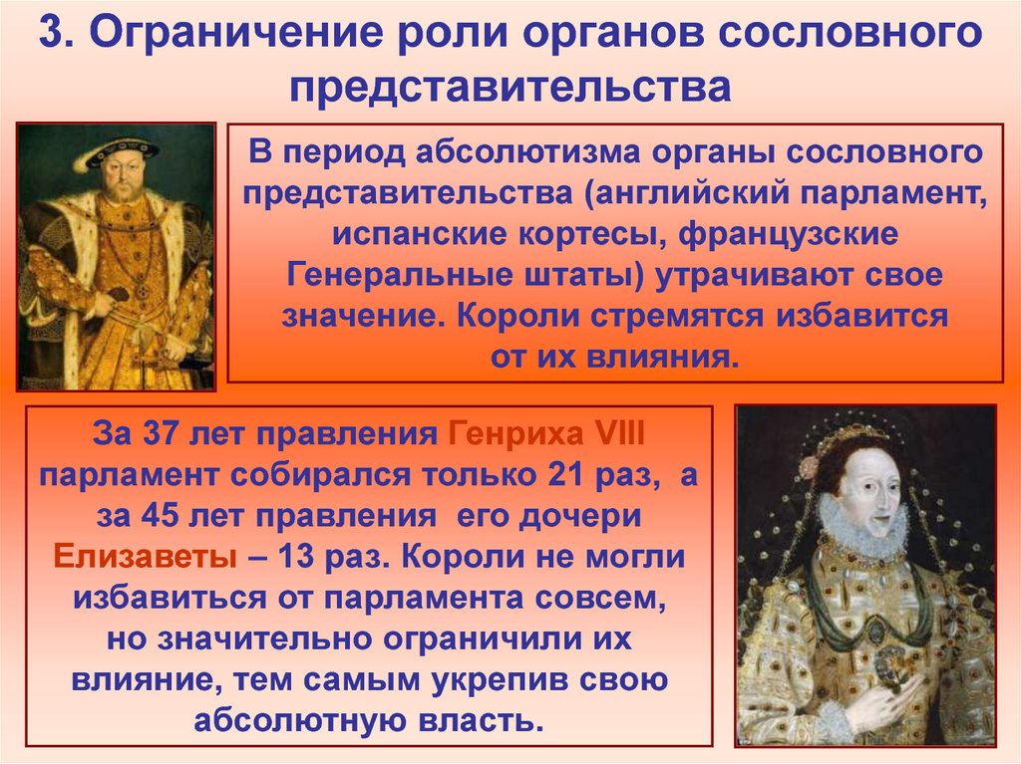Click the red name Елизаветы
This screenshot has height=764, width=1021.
coord(145,557)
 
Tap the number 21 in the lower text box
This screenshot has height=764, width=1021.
coord(566,475)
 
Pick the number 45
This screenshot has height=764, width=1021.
coord(160,516)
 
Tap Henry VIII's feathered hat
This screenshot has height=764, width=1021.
coord(120,149)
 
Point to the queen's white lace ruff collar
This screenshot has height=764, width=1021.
coord(859,522)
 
